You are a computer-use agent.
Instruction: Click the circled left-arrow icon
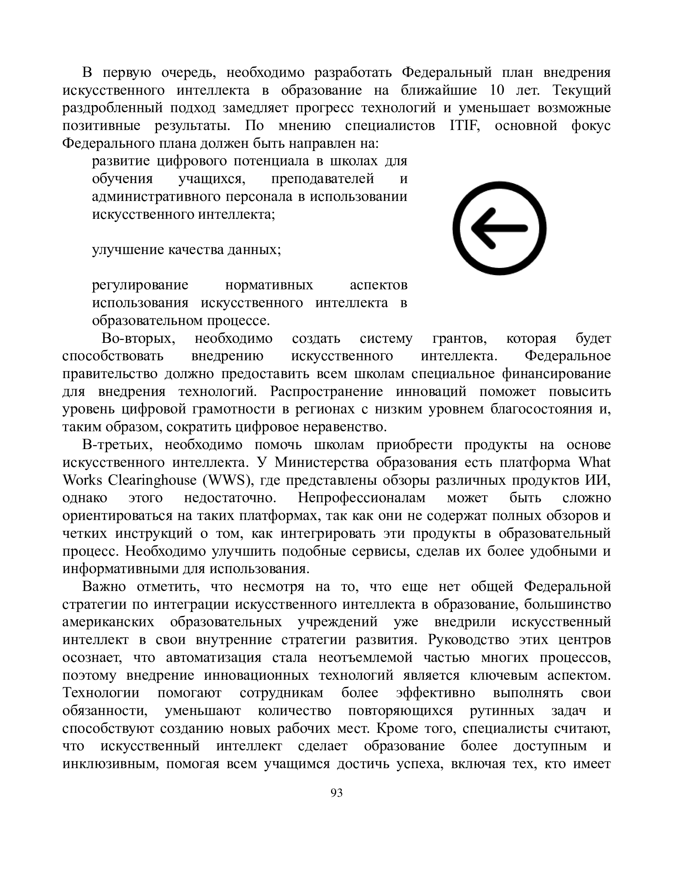tap(499, 228)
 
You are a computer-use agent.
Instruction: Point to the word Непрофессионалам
tap(362, 498)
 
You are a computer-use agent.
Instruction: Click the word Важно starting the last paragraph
tap(104, 587)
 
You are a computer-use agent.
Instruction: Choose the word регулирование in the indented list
tap(140, 285)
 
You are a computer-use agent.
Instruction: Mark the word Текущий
tap(581, 90)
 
